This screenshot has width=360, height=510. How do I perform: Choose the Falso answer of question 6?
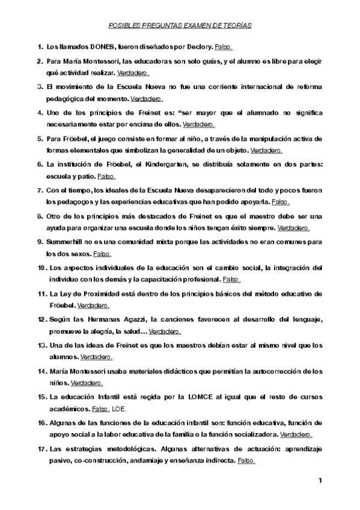[106, 177]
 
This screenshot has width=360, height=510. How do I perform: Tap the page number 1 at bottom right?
[320, 480]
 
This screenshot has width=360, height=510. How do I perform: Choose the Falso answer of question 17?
[247, 461]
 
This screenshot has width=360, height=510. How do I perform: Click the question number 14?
[42, 371]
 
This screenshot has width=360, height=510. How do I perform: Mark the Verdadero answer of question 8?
[293, 228]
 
